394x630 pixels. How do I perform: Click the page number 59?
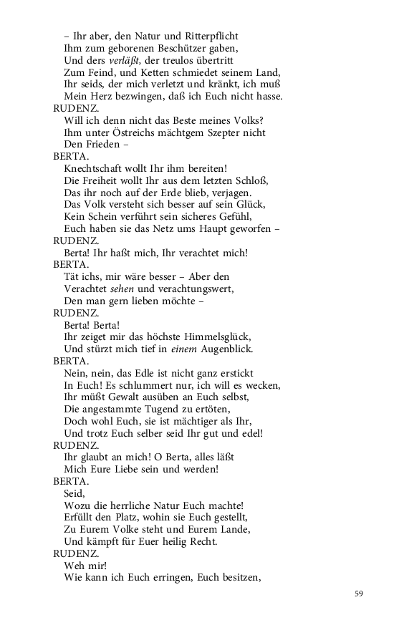click(x=360, y=593)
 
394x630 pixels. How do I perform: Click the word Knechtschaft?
click(x=96, y=169)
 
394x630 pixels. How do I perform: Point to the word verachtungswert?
click(x=193, y=289)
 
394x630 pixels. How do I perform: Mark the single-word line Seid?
click(x=74, y=493)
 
